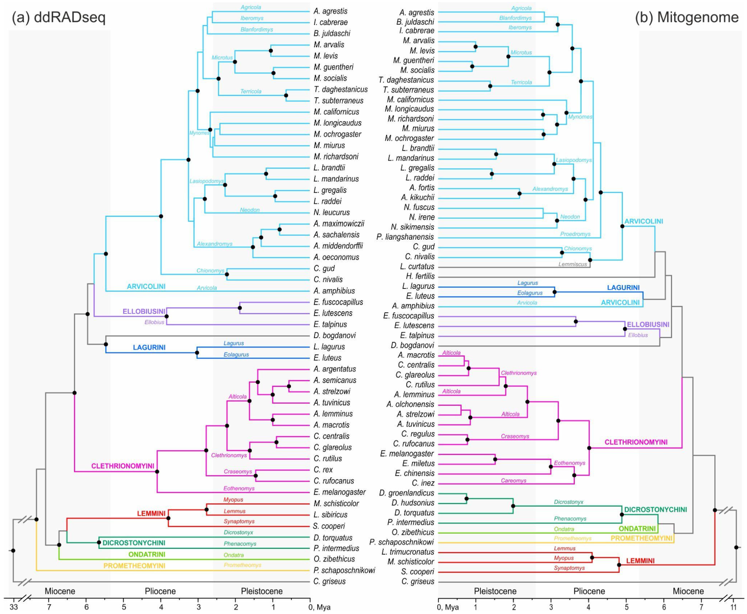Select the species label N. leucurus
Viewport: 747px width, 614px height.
(x=331, y=213)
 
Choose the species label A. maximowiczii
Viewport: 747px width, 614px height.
(x=338, y=224)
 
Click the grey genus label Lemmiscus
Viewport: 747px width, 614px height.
(x=572, y=264)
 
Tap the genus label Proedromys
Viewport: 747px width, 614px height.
(x=575, y=234)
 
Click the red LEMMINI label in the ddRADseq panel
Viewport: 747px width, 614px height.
(x=151, y=513)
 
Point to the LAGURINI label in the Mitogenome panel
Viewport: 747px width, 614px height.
(x=623, y=288)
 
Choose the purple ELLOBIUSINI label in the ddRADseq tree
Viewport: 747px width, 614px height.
(x=144, y=312)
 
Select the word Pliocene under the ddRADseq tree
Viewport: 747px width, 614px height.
(x=160, y=591)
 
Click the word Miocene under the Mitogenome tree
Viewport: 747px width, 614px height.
(x=688, y=591)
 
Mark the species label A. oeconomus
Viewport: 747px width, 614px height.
(x=336, y=257)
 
